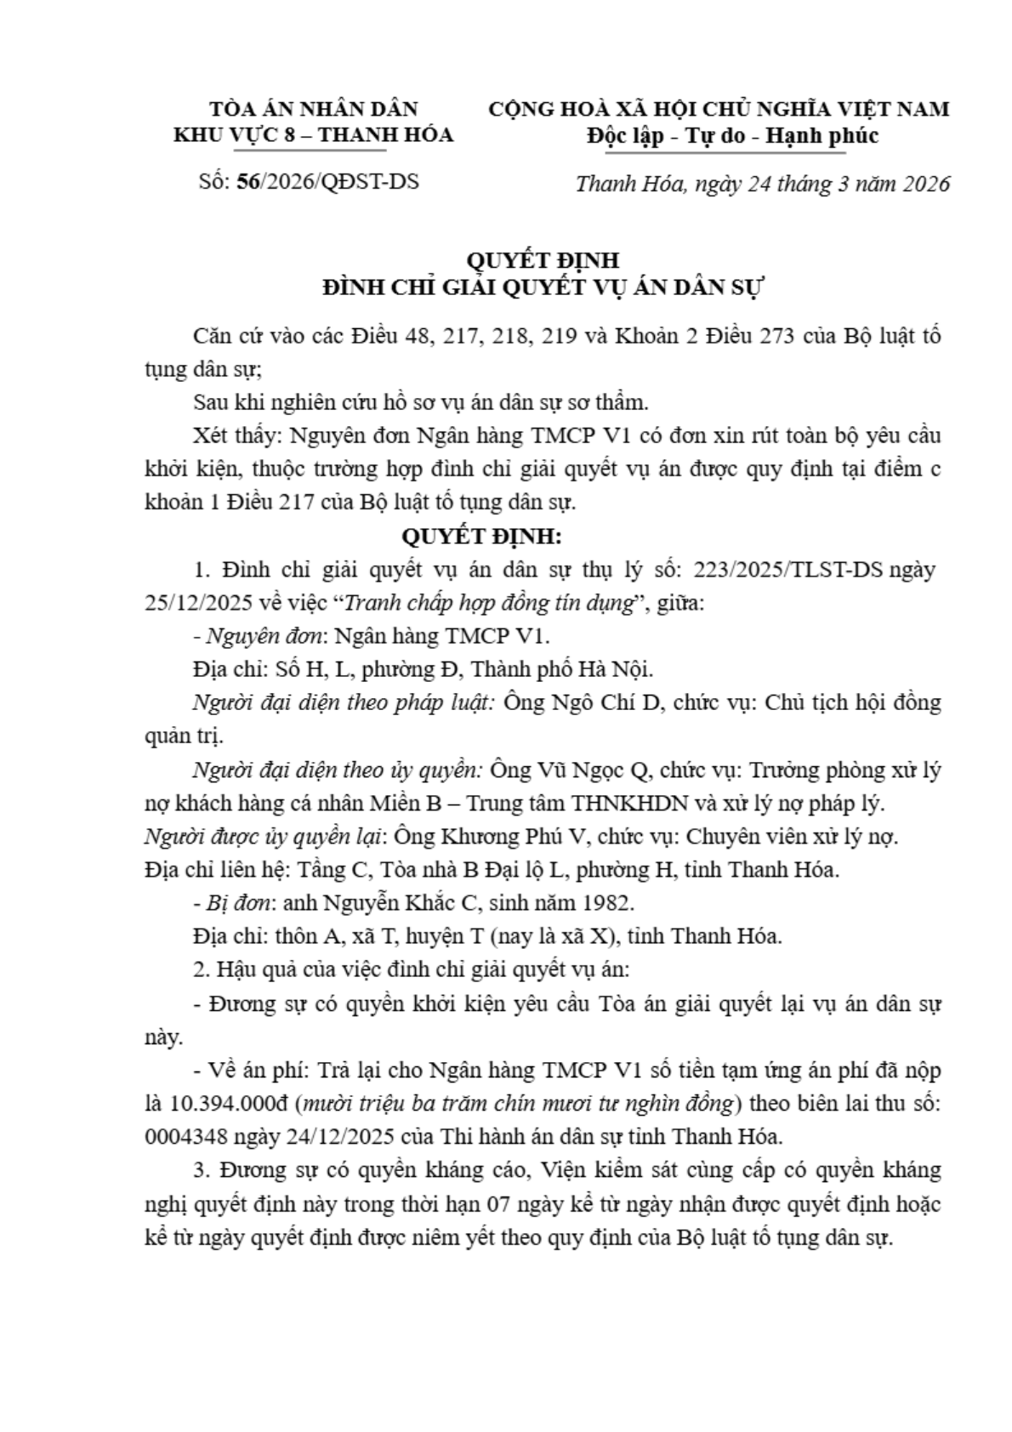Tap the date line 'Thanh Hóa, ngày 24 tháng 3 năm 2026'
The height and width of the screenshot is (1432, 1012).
(x=762, y=185)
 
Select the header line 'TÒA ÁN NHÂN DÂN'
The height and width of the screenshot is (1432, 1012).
(x=314, y=110)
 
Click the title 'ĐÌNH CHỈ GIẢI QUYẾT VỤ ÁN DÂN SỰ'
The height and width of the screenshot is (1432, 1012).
(x=544, y=287)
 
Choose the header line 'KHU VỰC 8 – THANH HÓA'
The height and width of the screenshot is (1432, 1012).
(x=314, y=135)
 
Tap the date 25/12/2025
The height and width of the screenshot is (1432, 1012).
(x=199, y=603)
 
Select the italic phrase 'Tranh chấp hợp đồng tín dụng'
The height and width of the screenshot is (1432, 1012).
(x=489, y=603)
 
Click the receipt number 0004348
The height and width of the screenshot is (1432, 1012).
(x=190, y=1137)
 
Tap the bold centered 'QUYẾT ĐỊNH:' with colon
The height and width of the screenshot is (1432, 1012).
(x=481, y=537)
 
